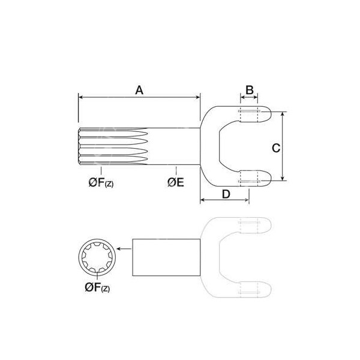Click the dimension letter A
[x=139, y=90]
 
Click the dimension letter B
[x=249, y=90]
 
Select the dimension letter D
[x=226, y=193]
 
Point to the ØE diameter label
[x=175, y=182]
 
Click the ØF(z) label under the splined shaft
[x=100, y=182]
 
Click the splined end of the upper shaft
[x=114, y=148]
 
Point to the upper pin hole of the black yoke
[x=249, y=114]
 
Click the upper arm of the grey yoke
[x=246, y=226]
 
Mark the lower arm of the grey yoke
[x=246, y=288]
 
